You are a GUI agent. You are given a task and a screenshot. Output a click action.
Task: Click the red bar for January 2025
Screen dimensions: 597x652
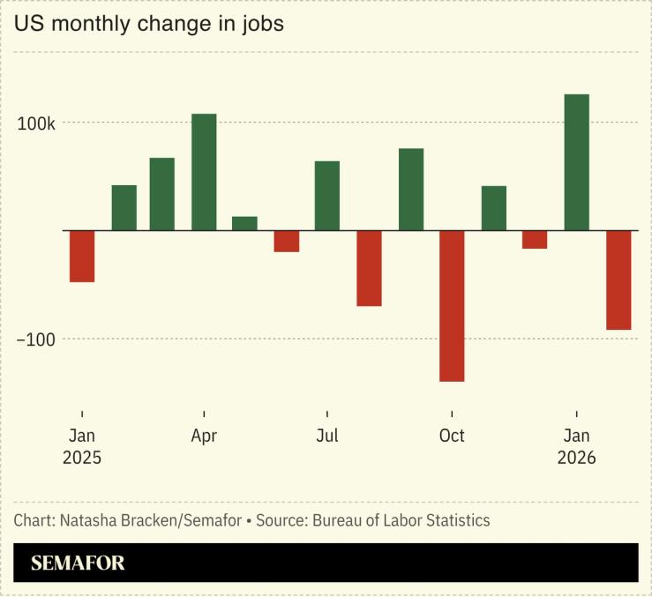pos(82,256)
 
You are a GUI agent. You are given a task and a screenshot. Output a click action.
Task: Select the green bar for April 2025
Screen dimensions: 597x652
pos(204,172)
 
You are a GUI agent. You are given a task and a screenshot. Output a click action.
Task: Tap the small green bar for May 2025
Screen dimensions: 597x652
pos(244,223)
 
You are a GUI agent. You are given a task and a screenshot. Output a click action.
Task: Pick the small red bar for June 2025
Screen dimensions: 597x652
pos(286,241)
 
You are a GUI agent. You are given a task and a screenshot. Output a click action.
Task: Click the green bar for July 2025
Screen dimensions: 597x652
pos(327,196)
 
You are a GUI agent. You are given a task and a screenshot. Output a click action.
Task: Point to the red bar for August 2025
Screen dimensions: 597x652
pos(369,268)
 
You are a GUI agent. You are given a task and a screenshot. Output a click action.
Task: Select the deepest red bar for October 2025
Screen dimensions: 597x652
pos(452,305)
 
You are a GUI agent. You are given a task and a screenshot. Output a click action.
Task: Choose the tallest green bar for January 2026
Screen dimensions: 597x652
pos(576,162)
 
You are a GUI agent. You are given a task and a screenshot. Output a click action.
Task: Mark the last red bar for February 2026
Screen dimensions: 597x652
pos(618,280)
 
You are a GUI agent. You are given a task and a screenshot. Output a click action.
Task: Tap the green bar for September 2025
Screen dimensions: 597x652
pos(411,190)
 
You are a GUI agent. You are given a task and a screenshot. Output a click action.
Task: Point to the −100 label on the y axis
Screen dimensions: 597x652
pos(34,340)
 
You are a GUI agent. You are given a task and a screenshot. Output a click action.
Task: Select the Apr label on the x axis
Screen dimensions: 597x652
pos(204,437)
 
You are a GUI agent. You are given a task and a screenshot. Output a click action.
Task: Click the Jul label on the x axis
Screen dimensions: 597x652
pos(327,437)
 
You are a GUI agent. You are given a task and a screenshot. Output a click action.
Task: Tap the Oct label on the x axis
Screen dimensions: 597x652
pos(452,437)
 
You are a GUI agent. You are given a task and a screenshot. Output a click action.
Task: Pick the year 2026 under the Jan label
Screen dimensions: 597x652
pos(576,459)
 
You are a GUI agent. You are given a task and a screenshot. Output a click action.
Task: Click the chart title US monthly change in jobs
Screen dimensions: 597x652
pos(148,24)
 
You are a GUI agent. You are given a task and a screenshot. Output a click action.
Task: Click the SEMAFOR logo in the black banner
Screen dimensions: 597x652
pos(78,563)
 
